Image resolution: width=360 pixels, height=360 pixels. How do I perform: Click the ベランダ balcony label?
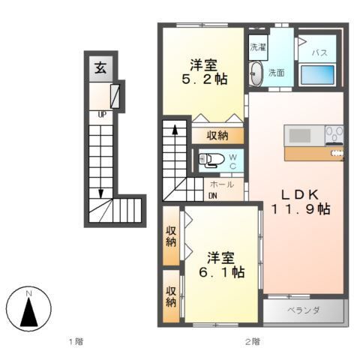point(304,310)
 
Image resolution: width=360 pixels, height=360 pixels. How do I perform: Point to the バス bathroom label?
point(319,53)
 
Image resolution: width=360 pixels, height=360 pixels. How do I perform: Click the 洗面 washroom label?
point(276,73)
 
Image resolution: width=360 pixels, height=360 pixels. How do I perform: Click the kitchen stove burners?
point(334,135)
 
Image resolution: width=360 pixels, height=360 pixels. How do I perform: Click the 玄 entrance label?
point(99,67)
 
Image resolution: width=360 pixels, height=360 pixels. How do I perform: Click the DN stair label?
point(213,196)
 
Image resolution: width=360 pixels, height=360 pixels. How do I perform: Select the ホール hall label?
point(221,184)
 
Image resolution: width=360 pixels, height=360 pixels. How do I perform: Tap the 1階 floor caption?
point(75,342)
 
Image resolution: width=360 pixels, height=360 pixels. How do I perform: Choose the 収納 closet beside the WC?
point(218,136)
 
